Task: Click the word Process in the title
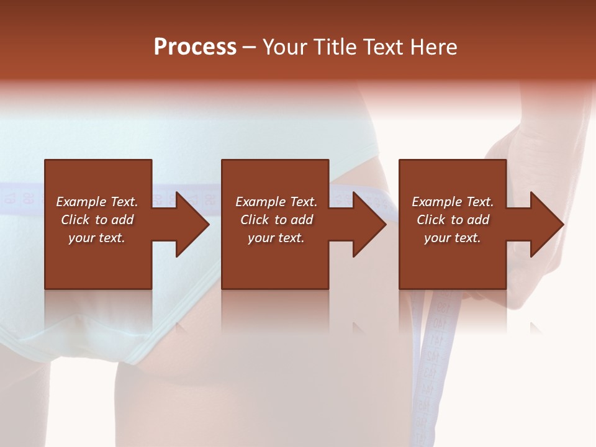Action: (x=195, y=47)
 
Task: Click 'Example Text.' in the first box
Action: (x=97, y=202)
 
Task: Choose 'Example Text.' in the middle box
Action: (x=276, y=202)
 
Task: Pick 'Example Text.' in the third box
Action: (x=453, y=202)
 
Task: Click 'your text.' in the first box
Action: (x=97, y=238)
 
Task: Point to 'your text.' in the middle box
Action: (x=276, y=238)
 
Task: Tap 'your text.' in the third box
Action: (x=453, y=238)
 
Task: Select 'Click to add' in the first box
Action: (x=97, y=220)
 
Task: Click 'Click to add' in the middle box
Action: (x=276, y=220)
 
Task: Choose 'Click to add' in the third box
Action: (x=453, y=220)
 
